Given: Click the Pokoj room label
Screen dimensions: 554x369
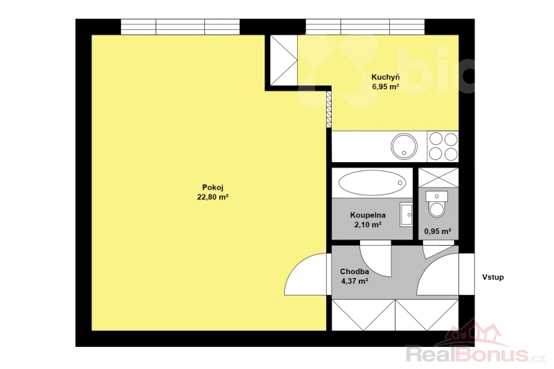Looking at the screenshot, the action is point(213,188).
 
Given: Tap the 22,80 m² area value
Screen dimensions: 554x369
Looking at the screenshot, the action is point(213,197).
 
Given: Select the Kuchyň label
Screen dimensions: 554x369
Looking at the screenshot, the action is point(386,77).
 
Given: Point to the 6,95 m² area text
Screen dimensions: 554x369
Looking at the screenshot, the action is point(386,87).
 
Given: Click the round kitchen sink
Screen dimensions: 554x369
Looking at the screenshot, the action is point(404,146).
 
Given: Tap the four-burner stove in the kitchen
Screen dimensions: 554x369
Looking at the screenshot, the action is point(443,146).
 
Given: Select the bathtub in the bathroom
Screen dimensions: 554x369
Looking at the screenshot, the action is point(372,183).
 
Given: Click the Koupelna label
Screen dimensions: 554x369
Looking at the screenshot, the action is point(368,215).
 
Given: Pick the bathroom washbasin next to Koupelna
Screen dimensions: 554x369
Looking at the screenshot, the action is point(406,215).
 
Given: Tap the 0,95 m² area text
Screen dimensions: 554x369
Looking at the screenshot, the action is point(438,231).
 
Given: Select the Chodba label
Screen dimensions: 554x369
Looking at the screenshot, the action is point(355,271).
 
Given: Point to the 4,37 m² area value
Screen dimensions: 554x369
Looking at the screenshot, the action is point(355,282).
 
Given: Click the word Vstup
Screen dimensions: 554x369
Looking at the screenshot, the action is point(493,277).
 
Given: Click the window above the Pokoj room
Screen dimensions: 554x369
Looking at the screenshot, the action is point(180,27).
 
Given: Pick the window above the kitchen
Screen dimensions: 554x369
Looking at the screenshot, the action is point(365,27).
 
